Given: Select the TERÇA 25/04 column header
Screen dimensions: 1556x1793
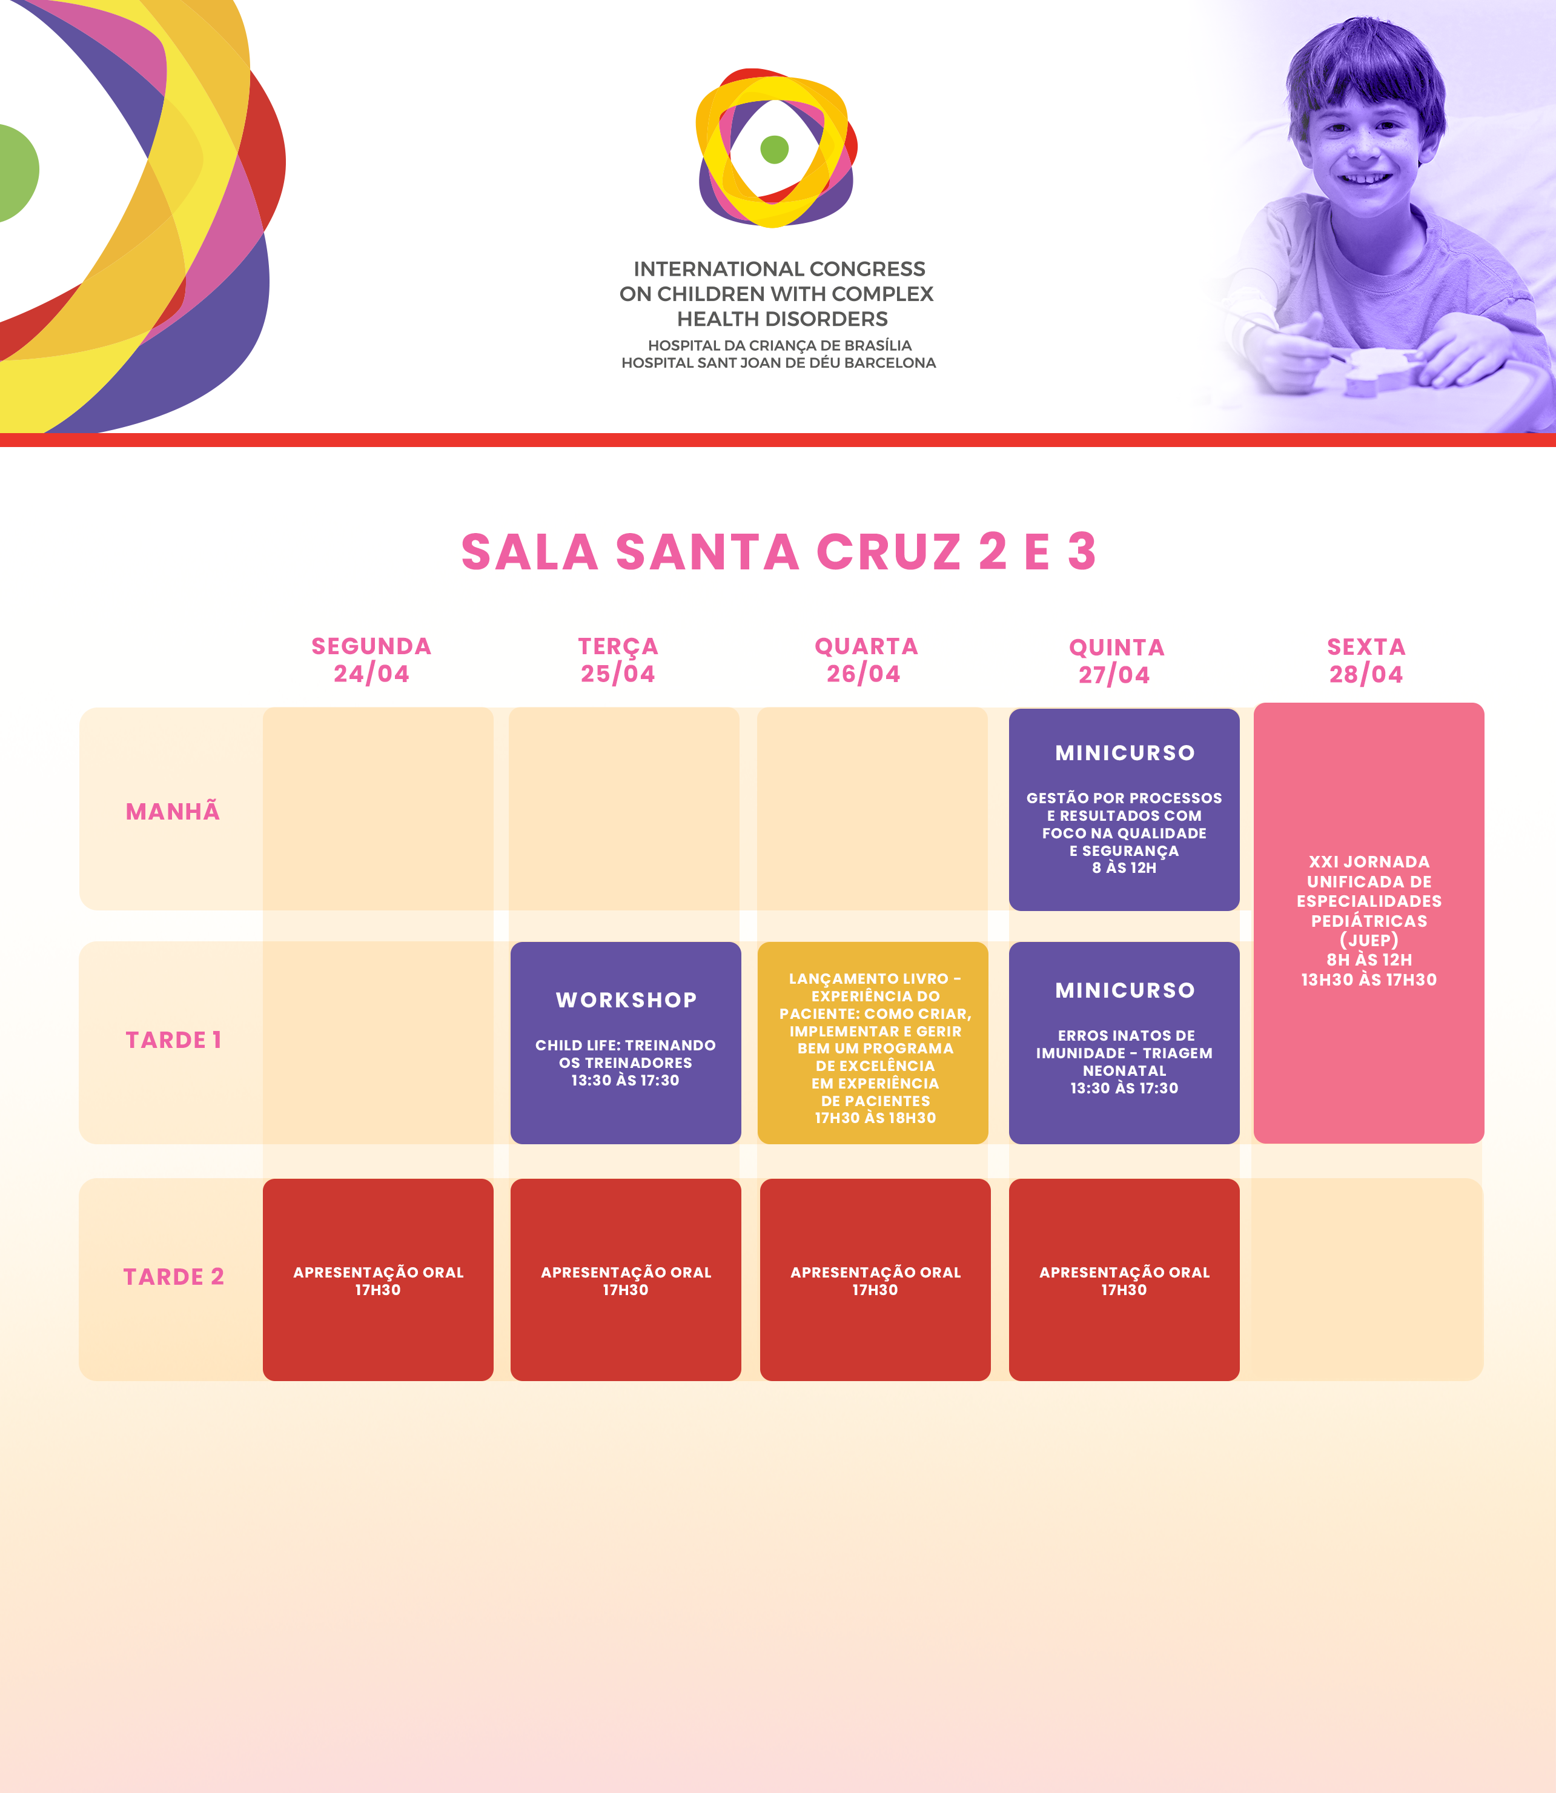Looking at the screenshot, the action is point(618,660).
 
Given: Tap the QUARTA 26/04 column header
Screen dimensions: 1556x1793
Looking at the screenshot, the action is point(866,660).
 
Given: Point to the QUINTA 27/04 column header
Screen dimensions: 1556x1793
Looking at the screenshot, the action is point(1116,661).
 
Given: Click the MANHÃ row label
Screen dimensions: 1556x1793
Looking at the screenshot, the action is point(173,811).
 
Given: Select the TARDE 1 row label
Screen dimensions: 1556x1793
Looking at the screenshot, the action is point(174,1039).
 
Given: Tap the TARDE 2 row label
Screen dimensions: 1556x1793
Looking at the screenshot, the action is point(174,1276).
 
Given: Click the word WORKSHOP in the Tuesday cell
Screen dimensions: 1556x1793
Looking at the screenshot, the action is point(626,999).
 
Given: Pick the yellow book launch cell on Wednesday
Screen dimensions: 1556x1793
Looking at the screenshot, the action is point(873,1043).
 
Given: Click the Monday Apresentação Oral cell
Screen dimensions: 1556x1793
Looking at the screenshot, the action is point(378,1280).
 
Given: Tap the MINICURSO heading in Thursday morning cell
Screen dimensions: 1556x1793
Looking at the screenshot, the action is point(1125,753).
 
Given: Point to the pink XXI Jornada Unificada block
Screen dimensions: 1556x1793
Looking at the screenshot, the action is point(1368,923).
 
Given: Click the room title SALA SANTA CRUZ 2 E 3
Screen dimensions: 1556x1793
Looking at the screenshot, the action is point(779,552).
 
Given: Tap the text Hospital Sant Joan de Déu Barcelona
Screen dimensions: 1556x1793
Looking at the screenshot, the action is point(779,363).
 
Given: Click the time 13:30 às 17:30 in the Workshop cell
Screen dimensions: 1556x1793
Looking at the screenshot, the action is point(625,1080).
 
